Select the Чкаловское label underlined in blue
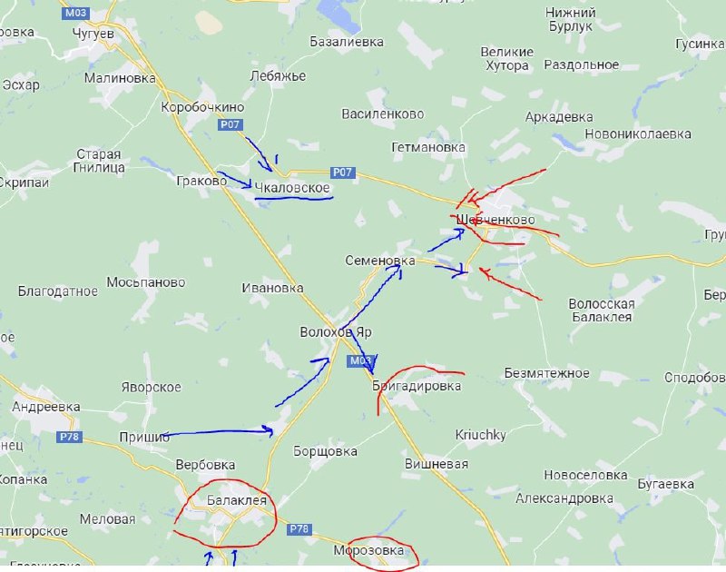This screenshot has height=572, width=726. pyautogui.click(x=292, y=187)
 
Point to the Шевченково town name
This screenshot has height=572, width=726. pyautogui.click(x=495, y=221)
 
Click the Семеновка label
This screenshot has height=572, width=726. pyautogui.click(x=379, y=261)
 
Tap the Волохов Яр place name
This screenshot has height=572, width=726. pyautogui.click(x=336, y=332)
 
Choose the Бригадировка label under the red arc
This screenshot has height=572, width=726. pyautogui.click(x=417, y=386)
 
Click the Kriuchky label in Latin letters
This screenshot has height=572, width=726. pyautogui.click(x=480, y=435)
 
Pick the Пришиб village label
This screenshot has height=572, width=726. pyautogui.click(x=144, y=438)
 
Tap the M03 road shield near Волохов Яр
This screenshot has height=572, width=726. pyautogui.click(x=360, y=361)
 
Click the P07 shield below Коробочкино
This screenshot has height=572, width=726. pyautogui.click(x=230, y=124)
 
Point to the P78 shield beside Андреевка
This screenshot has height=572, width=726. pyautogui.click(x=70, y=437)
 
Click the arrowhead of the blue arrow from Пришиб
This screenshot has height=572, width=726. pyautogui.click(x=270, y=430)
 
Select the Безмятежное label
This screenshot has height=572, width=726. pyautogui.click(x=547, y=373)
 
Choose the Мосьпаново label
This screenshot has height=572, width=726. pyautogui.click(x=146, y=282)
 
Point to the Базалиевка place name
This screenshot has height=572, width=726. pyautogui.click(x=347, y=42)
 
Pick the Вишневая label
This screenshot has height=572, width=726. pyautogui.click(x=437, y=464)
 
